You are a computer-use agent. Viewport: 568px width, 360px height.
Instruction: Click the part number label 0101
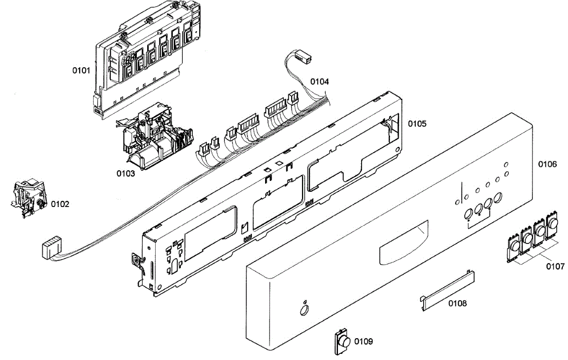[x=81, y=71]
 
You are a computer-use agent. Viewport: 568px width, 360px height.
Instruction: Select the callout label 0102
[x=60, y=204]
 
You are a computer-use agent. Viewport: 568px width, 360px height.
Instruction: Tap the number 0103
[x=126, y=173]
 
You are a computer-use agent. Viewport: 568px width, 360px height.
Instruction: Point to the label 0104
[x=319, y=81]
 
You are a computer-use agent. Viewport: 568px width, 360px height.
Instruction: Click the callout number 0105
[x=417, y=124]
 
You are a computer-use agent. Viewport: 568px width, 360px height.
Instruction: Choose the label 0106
[x=548, y=164]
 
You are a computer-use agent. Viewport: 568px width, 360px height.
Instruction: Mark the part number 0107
[x=555, y=266]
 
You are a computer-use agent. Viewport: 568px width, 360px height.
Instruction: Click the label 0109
[x=364, y=342]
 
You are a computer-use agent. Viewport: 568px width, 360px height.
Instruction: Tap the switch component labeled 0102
[x=28, y=196]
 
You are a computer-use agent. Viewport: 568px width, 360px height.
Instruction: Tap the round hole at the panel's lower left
[x=302, y=310]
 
